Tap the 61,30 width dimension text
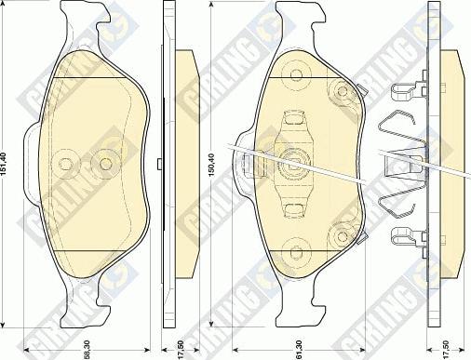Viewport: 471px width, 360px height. (x=298, y=350)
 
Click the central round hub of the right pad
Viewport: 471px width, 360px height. (x=298, y=160)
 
